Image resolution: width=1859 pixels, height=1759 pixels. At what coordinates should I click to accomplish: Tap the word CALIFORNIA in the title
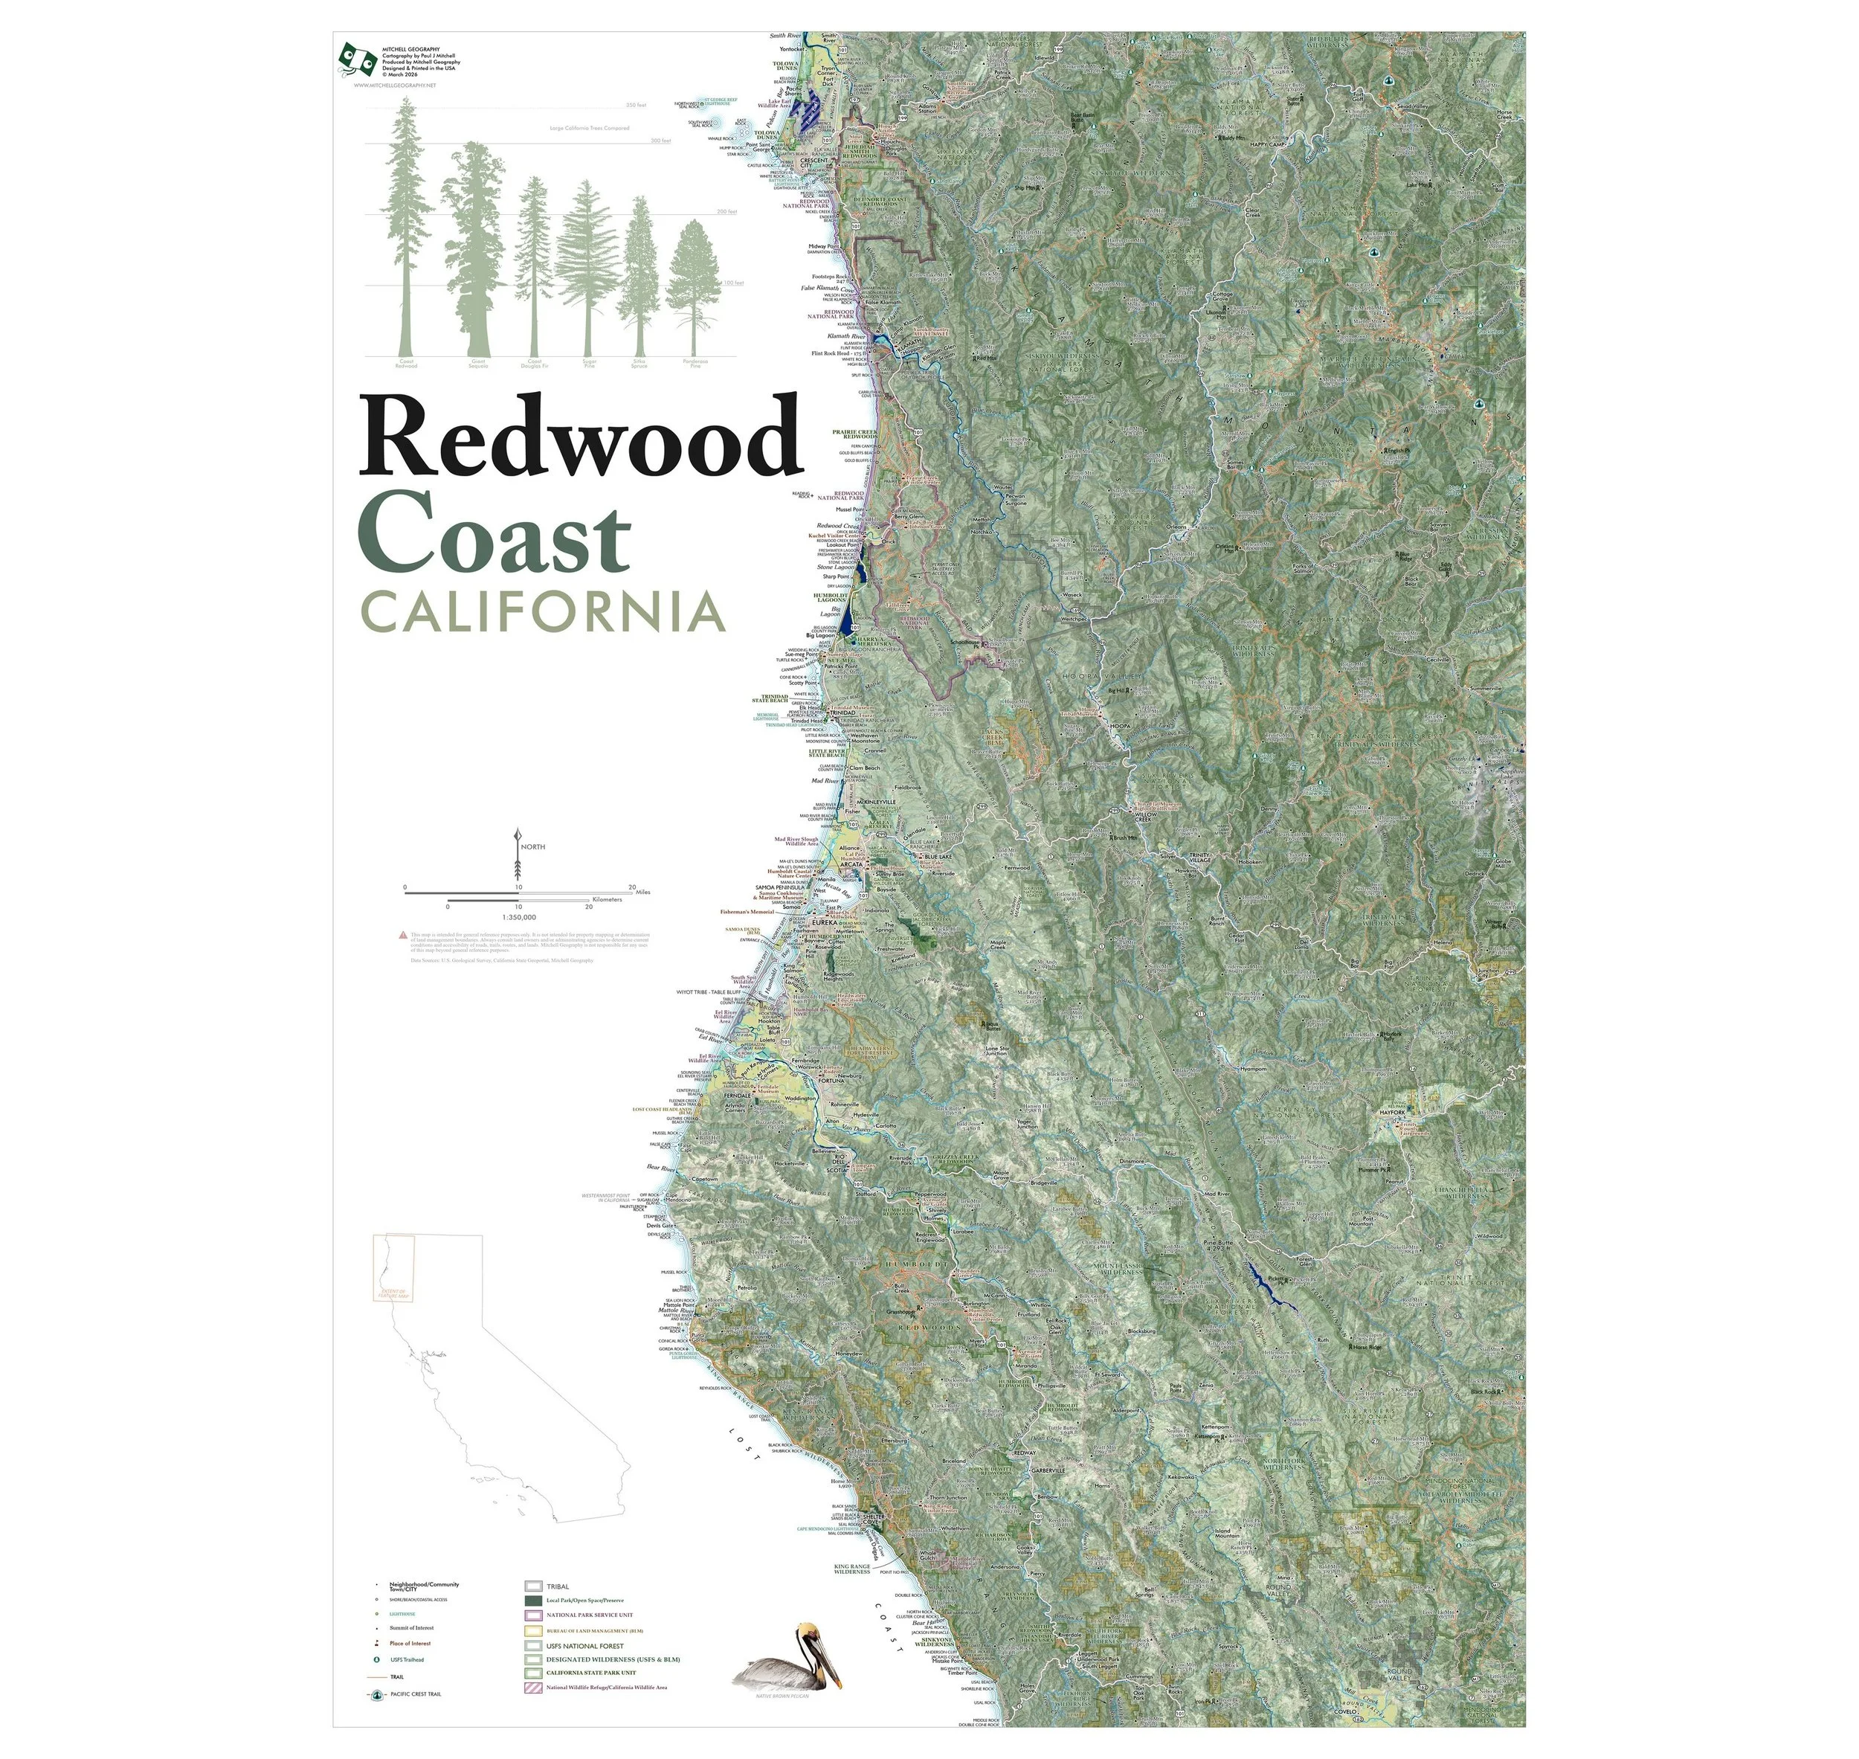544,611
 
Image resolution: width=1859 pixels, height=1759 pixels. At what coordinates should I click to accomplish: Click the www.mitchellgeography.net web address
395,86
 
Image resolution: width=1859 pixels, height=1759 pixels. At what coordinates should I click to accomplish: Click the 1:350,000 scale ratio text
518,918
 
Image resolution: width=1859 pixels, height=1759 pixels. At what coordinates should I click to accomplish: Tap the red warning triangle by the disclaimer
402,935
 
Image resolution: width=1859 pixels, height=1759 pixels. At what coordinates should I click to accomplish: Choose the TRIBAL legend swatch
532,1587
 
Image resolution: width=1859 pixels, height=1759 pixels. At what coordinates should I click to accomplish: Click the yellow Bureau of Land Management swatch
532,1630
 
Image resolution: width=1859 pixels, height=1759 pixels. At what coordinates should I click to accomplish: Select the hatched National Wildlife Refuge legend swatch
532,1688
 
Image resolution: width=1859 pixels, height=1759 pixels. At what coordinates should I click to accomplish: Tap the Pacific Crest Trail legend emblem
376,1694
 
